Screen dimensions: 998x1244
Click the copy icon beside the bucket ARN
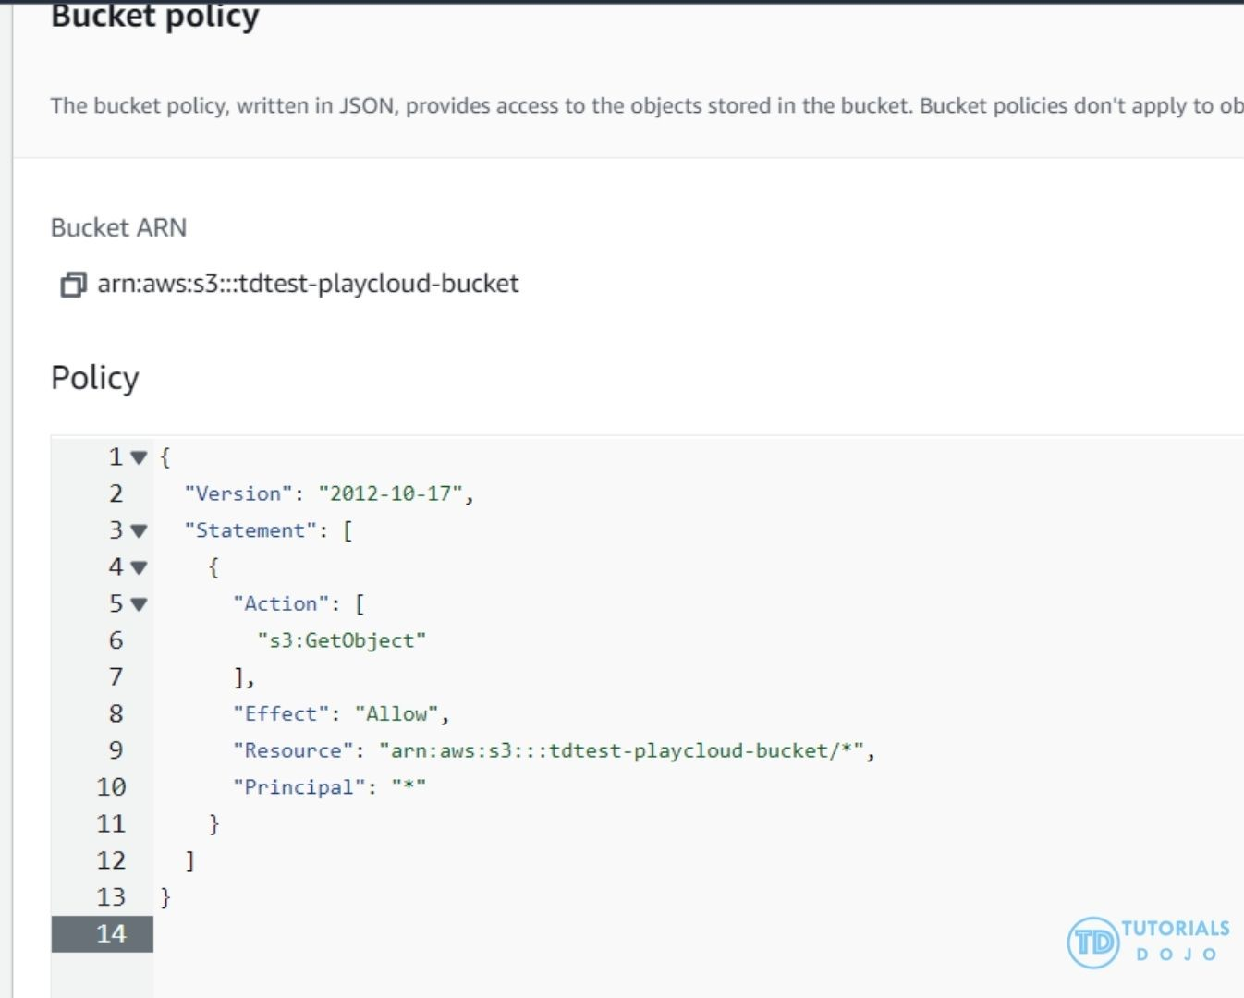pyautogui.click(x=73, y=285)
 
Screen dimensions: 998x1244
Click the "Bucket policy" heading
pyautogui.click(x=154, y=16)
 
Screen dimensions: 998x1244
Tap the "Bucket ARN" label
pyautogui.click(x=118, y=227)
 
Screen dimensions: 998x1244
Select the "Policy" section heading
pyautogui.click(x=95, y=378)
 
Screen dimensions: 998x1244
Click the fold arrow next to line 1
pyautogui.click(x=139, y=456)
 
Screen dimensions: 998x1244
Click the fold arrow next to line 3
pyautogui.click(x=139, y=530)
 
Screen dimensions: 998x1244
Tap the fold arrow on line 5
pyautogui.click(x=139, y=604)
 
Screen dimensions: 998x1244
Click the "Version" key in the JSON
pyautogui.click(x=238, y=493)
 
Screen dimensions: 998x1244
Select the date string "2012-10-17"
pyautogui.click(x=390, y=493)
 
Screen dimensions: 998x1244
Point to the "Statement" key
pyautogui.click(x=250, y=530)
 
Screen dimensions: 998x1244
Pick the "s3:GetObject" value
pyautogui.click(x=341, y=640)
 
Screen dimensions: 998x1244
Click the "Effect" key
pyautogui.click(x=281, y=713)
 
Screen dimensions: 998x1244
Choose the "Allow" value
pyautogui.click(x=396, y=713)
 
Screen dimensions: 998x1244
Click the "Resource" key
pyautogui.click(x=293, y=750)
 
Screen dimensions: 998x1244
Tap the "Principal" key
pyautogui.click(x=299, y=787)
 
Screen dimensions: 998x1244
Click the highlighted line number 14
pyautogui.click(x=111, y=934)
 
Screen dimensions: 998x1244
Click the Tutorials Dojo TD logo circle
pyautogui.click(x=1093, y=943)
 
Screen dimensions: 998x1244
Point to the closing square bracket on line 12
pyautogui.click(x=189, y=861)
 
